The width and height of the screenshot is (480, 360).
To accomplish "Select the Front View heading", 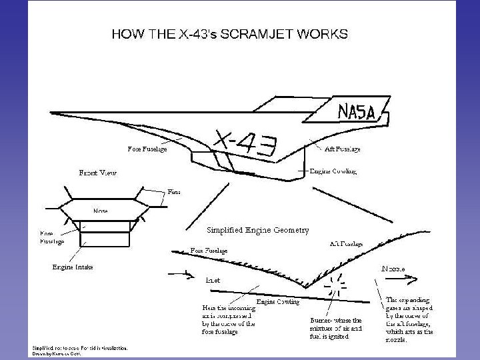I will coord(97,173).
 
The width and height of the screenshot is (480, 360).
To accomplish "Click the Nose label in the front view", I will coord(101,211).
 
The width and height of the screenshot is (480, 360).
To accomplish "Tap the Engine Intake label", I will coord(73,267).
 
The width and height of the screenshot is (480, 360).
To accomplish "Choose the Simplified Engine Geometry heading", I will coord(258,230).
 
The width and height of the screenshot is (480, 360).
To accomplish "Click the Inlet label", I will coord(213,280).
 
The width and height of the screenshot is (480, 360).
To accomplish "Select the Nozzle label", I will coord(393,268).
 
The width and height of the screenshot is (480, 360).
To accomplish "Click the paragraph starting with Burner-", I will coord(335,329).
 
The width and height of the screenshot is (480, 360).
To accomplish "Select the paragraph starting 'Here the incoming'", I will coord(228,319).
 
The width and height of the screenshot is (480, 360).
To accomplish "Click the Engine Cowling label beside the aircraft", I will coord(334,171).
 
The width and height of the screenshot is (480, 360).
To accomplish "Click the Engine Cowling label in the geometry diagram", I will coord(279,302).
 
